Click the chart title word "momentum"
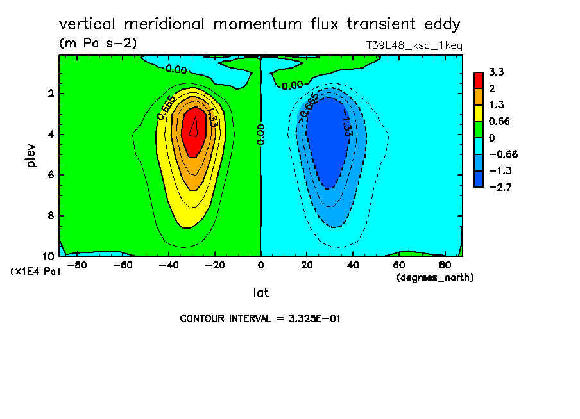[x=257, y=24]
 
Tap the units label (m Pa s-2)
[x=98, y=43]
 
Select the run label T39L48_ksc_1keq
[x=414, y=45]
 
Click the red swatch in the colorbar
[x=479, y=80]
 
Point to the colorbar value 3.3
[x=496, y=72]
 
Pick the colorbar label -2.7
[x=500, y=187]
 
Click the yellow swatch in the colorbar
[x=479, y=113]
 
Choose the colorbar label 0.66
[x=499, y=121]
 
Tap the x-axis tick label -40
[x=169, y=265]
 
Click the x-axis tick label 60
[x=399, y=265]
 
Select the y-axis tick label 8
[x=51, y=215]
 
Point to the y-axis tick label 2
[x=51, y=93]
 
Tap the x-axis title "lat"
[x=260, y=293]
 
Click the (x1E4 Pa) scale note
[x=35, y=271]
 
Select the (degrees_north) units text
[x=434, y=277]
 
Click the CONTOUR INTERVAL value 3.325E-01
[x=314, y=318]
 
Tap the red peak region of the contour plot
[x=194, y=131]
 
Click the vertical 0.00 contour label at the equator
[x=260, y=134]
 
